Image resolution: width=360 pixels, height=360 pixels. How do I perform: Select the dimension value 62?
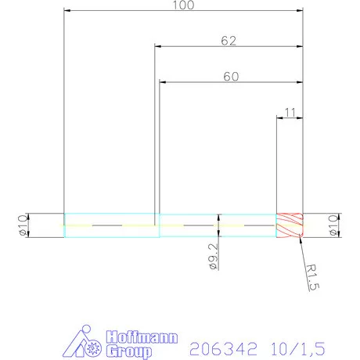(229, 41)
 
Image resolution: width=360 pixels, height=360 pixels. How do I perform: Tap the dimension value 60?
(230, 76)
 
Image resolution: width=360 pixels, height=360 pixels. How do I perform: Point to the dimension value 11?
(290, 113)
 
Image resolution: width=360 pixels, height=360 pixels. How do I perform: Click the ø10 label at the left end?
(22, 225)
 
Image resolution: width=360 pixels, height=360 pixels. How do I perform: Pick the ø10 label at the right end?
(333, 225)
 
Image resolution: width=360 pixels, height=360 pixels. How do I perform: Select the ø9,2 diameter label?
(213, 256)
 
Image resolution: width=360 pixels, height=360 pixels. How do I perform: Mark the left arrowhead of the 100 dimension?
(67, 11)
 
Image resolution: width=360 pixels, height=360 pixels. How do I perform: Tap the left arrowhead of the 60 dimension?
(163, 81)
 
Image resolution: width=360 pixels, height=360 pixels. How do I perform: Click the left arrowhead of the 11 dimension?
(280, 118)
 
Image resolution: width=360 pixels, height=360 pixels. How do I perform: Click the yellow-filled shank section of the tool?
(110, 225)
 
